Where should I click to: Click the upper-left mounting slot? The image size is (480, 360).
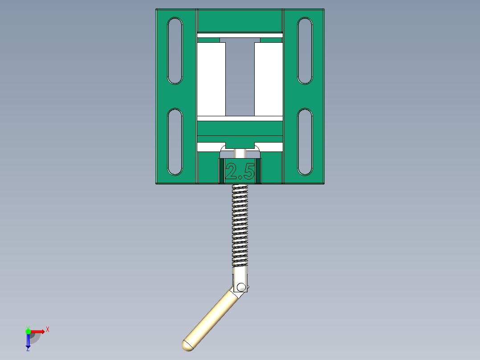tap(175, 50)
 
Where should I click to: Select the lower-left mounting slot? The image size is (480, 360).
tap(175, 141)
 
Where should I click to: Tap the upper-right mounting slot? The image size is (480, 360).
tap(305, 50)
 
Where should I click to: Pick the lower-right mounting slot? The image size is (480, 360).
tap(305, 141)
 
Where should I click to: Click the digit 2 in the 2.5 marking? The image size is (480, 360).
tap(232, 172)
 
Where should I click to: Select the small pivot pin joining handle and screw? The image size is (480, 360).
tap(241, 286)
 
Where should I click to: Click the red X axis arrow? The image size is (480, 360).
tap(37, 331)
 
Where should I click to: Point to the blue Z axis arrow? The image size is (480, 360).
tap(28, 340)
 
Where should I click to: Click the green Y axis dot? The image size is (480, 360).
tap(28, 331)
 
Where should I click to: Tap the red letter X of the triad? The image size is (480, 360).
tap(48, 329)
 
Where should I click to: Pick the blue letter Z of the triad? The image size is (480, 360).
tap(28, 350)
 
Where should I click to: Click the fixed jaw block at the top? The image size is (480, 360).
tap(240, 20)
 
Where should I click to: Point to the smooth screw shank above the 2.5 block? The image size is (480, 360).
tap(240, 153)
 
